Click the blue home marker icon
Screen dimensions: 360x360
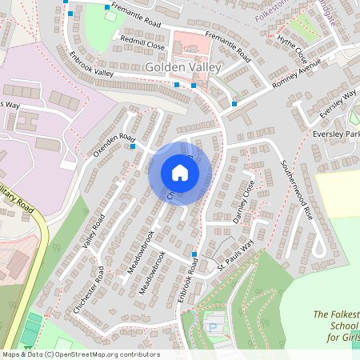point(180,173)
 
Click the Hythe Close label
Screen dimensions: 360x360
point(292,48)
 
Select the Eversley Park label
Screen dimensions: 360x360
point(336,134)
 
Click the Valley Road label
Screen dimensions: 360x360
point(93,231)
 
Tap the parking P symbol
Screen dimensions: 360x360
point(212,327)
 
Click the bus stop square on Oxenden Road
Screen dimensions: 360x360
point(133,146)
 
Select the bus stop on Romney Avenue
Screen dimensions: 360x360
point(234,104)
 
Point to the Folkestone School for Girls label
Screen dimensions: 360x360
point(336,326)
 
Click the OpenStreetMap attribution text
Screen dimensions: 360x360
point(80,354)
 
